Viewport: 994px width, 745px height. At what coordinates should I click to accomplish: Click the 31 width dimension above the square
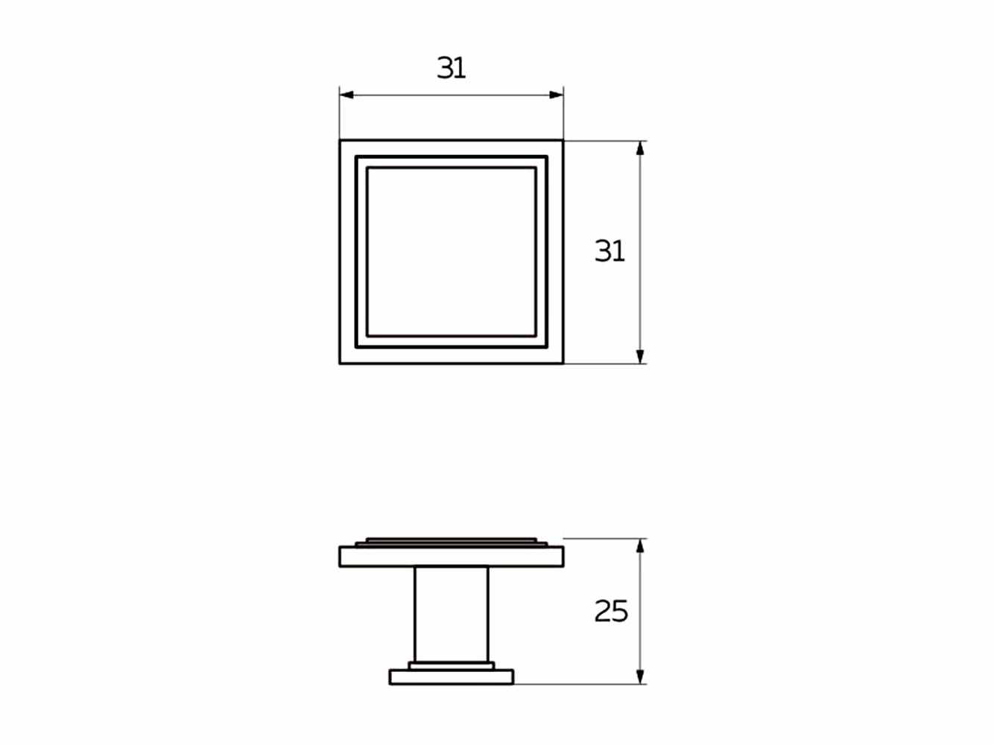[x=451, y=68]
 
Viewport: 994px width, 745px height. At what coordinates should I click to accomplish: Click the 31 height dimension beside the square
[x=610, y=251]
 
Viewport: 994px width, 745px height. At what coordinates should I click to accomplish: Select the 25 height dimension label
[x=611, y=611]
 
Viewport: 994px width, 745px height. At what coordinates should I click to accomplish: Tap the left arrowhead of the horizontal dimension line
[x=346, y=95]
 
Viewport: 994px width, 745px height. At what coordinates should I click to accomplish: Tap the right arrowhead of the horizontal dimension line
[x=556, y=95]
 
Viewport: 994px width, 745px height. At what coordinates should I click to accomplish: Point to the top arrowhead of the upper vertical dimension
[x=640, y=148]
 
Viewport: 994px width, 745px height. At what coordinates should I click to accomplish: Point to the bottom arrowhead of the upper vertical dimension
[x=640, y=357]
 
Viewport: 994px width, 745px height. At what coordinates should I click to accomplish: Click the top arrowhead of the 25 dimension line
[x=640, y=546]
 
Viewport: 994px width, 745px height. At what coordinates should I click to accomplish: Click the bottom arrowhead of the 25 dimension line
[x=640, y=676]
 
